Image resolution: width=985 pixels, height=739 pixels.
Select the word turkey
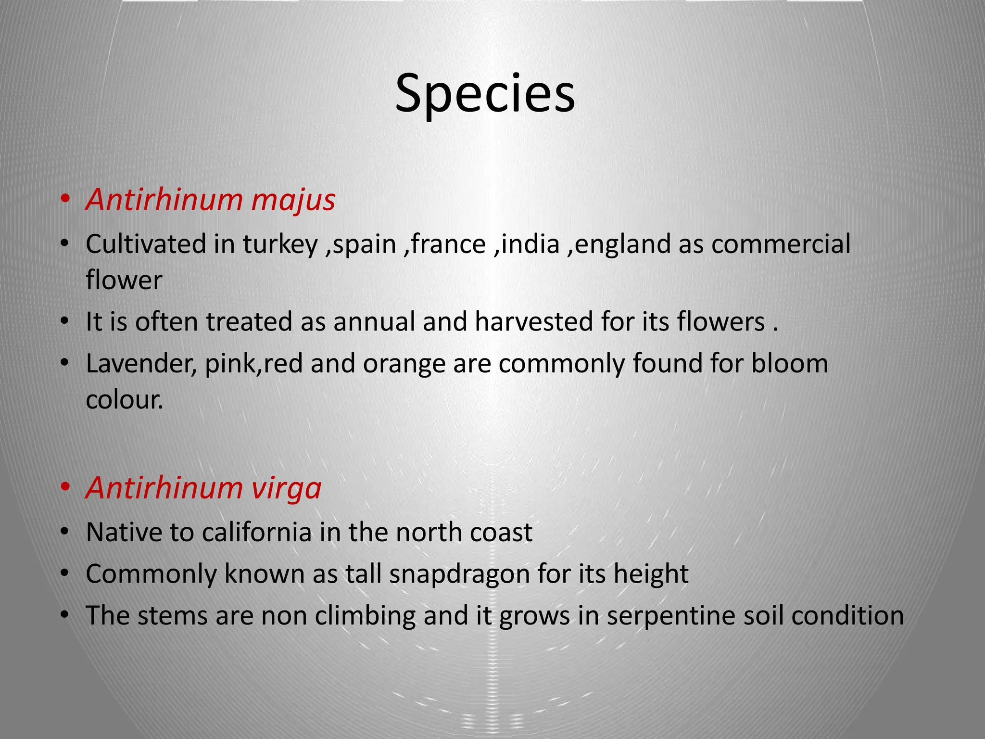pyautogui.click(x=280, y=244)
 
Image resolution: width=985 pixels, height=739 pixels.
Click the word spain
pyautogui.click(x=364, y=244)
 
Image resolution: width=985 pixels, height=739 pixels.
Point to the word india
pyautogui.click(x=530, y=244)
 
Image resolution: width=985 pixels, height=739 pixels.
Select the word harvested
pyautogui.click(x=534, y=321)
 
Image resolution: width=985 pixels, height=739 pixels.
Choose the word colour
pyautogui.click(x=124, y=399)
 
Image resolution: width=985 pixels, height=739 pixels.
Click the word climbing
pyautogui.click(x=365, y=616)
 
